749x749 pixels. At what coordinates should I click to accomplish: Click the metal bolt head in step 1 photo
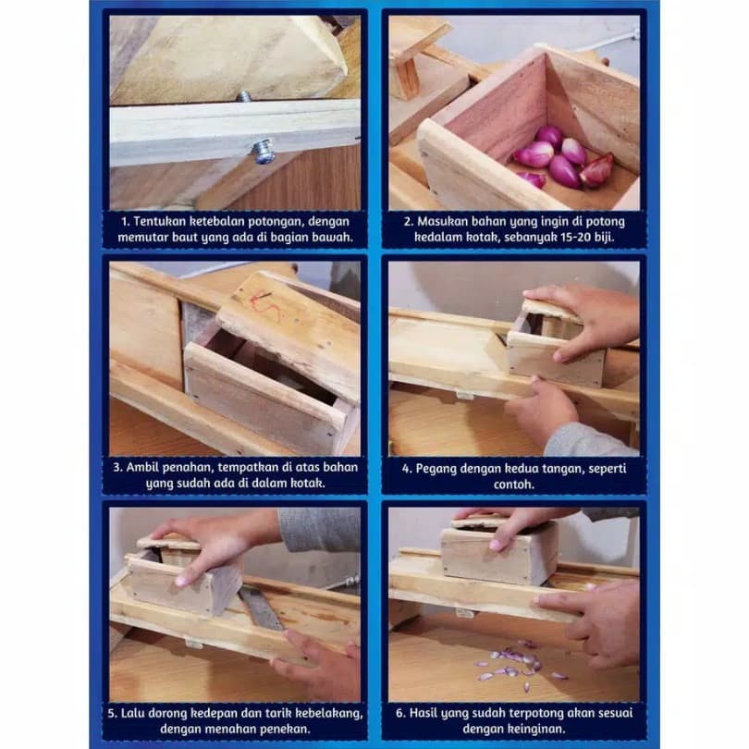click(x=264, y=151)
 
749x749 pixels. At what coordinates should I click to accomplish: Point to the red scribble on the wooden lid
click(x=264, y=304)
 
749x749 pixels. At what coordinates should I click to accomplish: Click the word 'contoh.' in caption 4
click(x=513, y=485)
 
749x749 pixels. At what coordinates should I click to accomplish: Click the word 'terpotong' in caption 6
click(x=535, y=714)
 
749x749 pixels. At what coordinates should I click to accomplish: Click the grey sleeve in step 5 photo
click(x=320, y=529)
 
